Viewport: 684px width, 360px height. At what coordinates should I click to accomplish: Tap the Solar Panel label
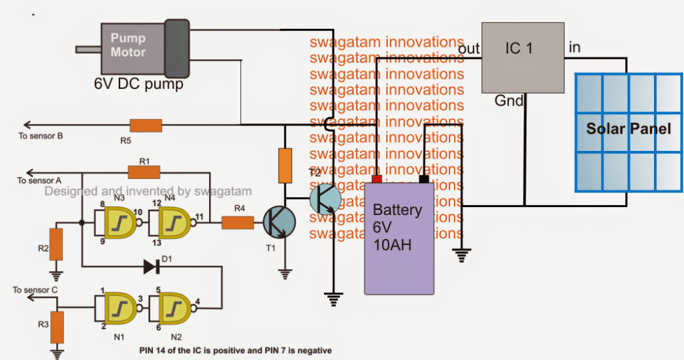point(629,128)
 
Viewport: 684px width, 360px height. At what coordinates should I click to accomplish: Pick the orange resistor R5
point(146,125)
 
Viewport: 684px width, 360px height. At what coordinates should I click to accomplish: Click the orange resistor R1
point(144,172)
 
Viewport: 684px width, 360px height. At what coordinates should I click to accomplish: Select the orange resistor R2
point(56,244)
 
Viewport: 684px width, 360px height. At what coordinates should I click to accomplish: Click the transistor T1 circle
point(277,223)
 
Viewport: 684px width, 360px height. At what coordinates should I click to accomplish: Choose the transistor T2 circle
point(326,198)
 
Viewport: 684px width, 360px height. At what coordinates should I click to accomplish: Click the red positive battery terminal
point(377,178)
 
